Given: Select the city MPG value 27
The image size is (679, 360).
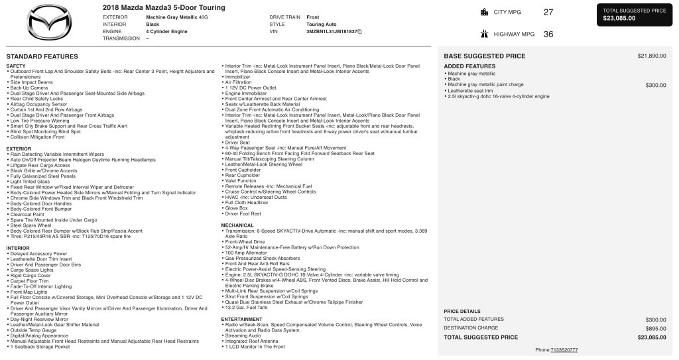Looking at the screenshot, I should point(548,12).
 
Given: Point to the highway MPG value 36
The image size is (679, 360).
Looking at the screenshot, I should point(548,34).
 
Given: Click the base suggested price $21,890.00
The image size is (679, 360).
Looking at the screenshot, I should point(651,56).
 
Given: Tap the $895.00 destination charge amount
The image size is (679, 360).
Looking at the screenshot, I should point(655,328).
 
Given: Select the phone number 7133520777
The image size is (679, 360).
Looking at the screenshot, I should point(564,349).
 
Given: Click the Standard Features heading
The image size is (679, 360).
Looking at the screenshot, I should point(42,56).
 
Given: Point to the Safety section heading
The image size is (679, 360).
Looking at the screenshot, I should point(16,66).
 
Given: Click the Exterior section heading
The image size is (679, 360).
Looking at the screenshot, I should point(19,149).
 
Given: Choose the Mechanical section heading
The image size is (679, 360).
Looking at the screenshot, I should point(237,225).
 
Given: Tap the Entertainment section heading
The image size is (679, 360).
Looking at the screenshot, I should point(243,319).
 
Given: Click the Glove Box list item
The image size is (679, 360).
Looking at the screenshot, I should point(238,208).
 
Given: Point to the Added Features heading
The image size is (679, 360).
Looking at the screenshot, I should point(469,67).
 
